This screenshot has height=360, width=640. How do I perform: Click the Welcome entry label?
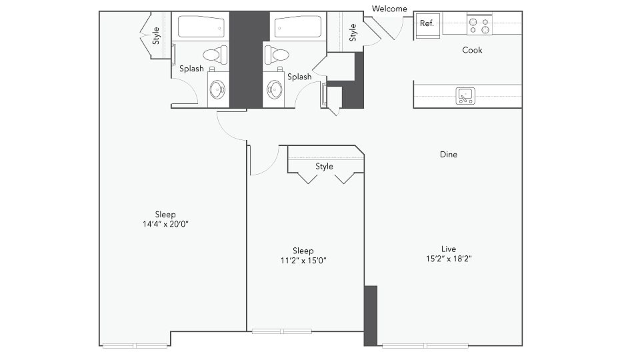click(x=389, y=9)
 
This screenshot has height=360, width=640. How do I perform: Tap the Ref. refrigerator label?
click(x=427, y=23)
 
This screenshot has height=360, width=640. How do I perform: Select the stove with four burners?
click(x=479, y=25)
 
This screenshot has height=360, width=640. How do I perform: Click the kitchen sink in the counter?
click(x=465, y=96)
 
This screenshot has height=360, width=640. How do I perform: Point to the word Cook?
click(x=472, y=50)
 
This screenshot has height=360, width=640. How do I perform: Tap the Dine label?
click(x=449, y=154)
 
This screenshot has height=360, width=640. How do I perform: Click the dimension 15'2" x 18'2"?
click(x=449, y=259)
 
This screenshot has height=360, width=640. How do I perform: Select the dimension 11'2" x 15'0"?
click(x=303, y=261)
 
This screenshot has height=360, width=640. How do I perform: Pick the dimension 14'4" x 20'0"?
click(x=165, y=224)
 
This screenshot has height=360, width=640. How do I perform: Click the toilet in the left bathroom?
click(x=215, y=55)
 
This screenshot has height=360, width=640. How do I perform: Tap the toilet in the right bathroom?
click(x=276, y=55)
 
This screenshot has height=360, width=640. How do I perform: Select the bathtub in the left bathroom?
click(x=201, y=27)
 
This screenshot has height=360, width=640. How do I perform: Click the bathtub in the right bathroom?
click(x=298, y=27)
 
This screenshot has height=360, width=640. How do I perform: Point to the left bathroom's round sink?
click(x=217, y=89)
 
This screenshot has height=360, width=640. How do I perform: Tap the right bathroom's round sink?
click(x=275, y=89)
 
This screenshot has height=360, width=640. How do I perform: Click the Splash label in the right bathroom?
click(x=299, y=77)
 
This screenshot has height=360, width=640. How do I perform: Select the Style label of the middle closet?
click(x=324, y=167)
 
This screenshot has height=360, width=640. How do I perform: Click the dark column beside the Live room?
click(x=371, y=315)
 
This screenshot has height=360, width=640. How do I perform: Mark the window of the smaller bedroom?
click(x=282, y=331)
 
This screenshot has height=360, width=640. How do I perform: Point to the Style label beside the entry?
click(x=353, y=33)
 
